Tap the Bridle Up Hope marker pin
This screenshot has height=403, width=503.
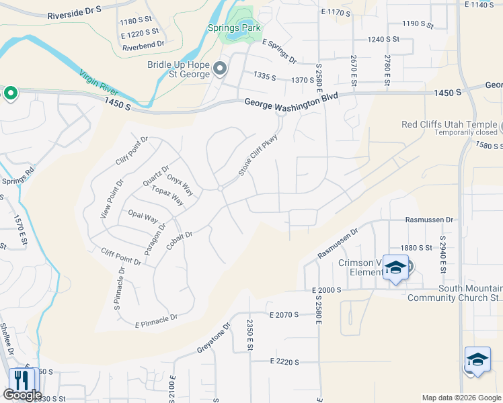click(220, 69)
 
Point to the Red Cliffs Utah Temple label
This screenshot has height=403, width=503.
click(449, 124)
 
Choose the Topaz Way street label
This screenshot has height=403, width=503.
click(167, 196)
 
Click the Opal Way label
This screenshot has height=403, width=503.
click(143, 218)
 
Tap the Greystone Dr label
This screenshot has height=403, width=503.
click(214, 339)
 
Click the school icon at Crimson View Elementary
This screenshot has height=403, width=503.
click(395, 268)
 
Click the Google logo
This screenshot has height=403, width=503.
click(22, 395)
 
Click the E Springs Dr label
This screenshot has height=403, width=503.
click(280, 51)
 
